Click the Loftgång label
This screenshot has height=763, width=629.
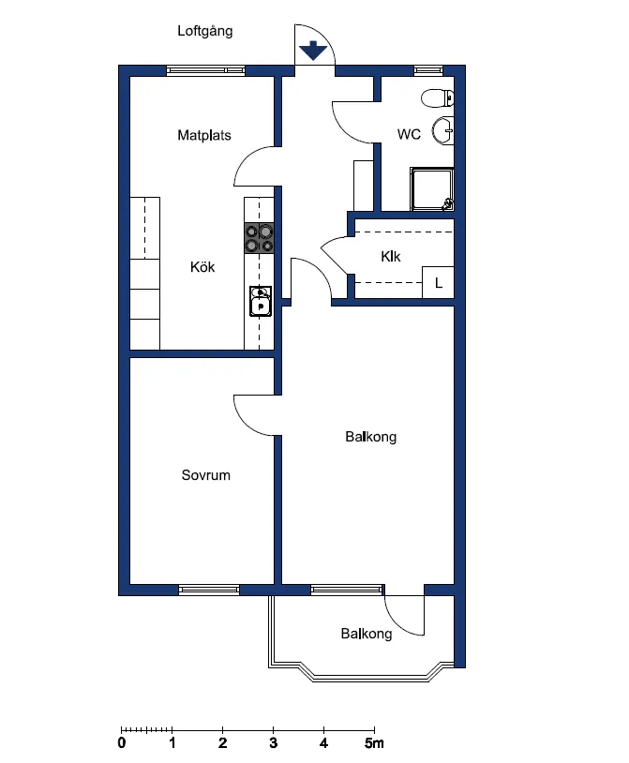tap(205, 31)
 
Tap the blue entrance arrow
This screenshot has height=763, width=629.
tap(313, 52)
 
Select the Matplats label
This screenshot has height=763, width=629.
tap(204, 135)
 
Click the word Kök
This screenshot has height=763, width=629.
tap(202, 267)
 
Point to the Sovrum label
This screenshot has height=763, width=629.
tap(206, 475)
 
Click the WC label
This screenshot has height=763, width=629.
tap(409, 134)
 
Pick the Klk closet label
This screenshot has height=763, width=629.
tap(391, 256)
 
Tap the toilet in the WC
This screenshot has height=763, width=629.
tap(438, 97)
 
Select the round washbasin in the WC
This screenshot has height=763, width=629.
tap(443, 131)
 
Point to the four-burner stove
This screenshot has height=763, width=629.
tap(260, 238)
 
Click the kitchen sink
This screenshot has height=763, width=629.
tap(260, 301)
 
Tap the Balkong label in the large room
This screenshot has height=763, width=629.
tap(370, 437)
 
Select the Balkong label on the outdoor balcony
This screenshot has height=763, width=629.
tap(367, 634)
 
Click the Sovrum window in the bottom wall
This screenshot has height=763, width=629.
tap(208, 590)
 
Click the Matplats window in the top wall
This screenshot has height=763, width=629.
tap(205, 69)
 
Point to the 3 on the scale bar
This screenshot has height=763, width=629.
tap(273, 744)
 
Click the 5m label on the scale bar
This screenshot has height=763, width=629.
tap(375, 744)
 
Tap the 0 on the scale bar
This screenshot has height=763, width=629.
tap(122, 744)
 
